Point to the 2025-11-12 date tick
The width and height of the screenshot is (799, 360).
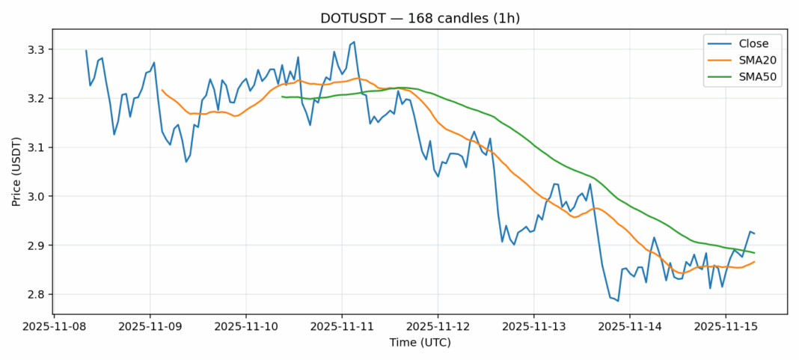(x=438, y=327)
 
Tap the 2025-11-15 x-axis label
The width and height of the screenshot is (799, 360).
(x=726, y=327)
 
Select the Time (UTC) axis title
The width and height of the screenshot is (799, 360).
(x=420, y=343)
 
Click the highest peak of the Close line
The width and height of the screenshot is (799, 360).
(x=354, y=42)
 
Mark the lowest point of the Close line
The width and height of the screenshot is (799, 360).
(x=618, y=301)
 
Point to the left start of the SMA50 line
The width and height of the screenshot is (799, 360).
(x=282, y=97)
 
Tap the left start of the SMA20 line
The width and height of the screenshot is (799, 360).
(x=162, y=90)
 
